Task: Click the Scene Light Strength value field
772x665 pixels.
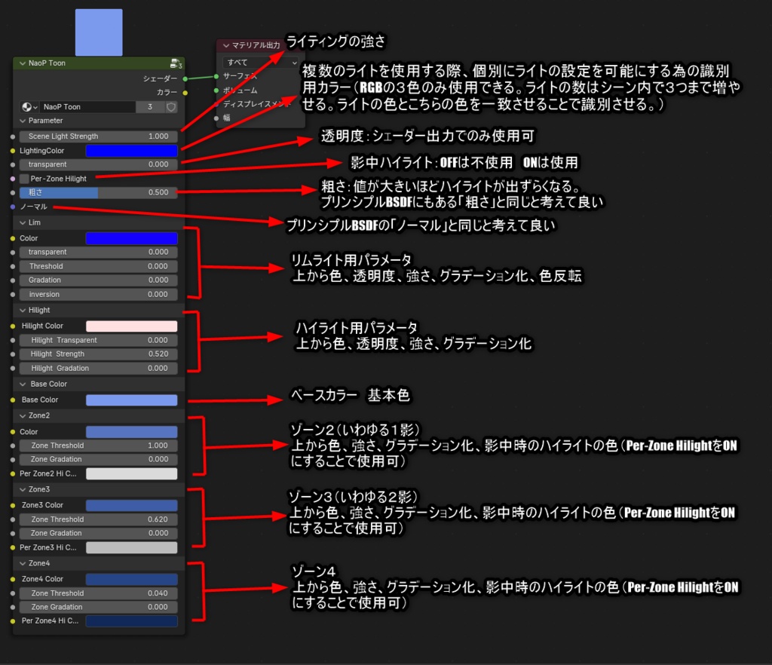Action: (99, 136)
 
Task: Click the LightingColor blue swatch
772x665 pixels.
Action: (131, 151)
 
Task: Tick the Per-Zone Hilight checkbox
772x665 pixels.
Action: (25, 179)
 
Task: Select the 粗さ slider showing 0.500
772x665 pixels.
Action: (99, 192)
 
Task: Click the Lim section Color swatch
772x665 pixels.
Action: (131, 238)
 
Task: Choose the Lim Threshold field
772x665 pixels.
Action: (99, 266)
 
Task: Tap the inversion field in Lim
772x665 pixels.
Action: (99, 294)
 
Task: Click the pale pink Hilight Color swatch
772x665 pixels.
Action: (131, 326)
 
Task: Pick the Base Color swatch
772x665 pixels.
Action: (131, 400)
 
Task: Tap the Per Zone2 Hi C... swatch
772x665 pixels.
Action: (131, 473)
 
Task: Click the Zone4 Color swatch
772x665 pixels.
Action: (131, 579)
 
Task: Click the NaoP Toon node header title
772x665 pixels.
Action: (47, 63)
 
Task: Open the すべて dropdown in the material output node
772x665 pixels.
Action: (260, 63)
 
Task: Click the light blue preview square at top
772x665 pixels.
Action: (99, 32)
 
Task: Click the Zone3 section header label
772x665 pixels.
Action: (39, 489)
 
